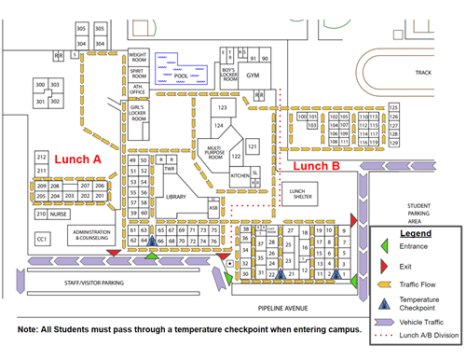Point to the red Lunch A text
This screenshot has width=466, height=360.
click(x=76, y=159)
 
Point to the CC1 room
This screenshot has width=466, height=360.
click(x=42, y=240)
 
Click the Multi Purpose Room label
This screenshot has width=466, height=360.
click(x=213, y=152)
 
